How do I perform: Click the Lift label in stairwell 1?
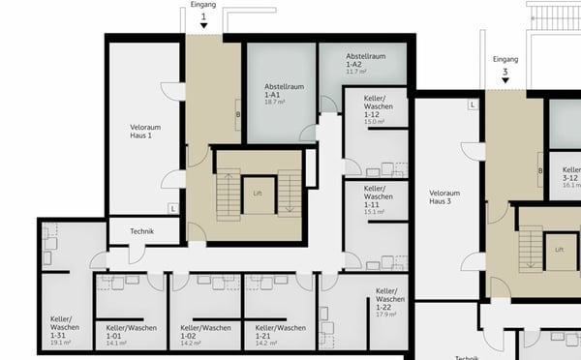(258, 194)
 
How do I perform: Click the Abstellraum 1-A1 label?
(284, 91)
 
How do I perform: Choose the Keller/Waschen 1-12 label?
(376, 109)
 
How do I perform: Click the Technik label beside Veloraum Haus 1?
(142, 231)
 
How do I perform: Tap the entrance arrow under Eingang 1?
(203, 29)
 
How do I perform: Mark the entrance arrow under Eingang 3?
(505, 82)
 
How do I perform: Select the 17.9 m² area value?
(387, 315)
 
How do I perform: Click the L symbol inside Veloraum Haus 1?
(171, 208)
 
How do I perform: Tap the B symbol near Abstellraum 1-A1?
(237, 115)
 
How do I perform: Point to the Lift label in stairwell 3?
(560, 249)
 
